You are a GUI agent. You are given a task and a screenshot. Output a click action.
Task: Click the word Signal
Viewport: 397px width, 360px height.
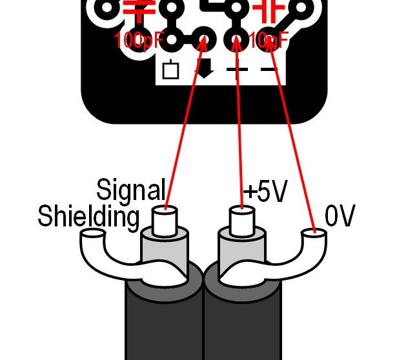131,190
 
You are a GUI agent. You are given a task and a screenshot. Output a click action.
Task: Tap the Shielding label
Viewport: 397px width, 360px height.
88,217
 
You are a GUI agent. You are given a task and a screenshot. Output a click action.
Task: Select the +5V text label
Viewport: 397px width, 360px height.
265,192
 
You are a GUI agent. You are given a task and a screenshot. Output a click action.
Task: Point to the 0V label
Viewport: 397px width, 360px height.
340,217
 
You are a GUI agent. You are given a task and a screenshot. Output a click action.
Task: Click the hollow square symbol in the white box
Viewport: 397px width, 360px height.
170,69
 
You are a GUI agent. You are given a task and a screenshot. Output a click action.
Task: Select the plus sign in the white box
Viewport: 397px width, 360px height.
236,69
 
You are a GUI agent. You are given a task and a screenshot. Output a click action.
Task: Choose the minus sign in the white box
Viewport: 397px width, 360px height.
268,69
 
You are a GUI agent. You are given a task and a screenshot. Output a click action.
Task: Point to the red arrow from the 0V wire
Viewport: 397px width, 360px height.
292,129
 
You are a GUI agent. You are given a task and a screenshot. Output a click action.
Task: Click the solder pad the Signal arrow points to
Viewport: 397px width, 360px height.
205,39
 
